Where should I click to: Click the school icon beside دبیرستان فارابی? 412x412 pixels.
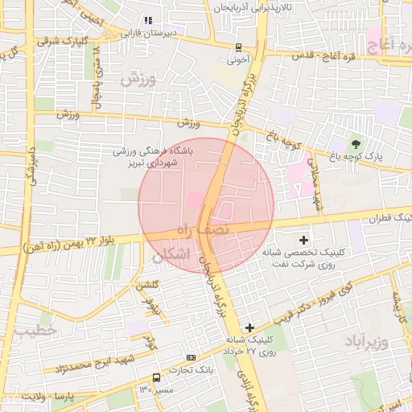147,20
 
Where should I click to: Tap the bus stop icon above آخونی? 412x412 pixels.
238,47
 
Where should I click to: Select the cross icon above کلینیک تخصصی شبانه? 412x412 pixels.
303,240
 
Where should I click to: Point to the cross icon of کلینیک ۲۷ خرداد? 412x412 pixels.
249,328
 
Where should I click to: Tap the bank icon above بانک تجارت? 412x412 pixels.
191,357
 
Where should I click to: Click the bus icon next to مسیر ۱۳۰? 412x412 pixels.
156,377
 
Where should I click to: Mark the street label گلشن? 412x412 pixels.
147,286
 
